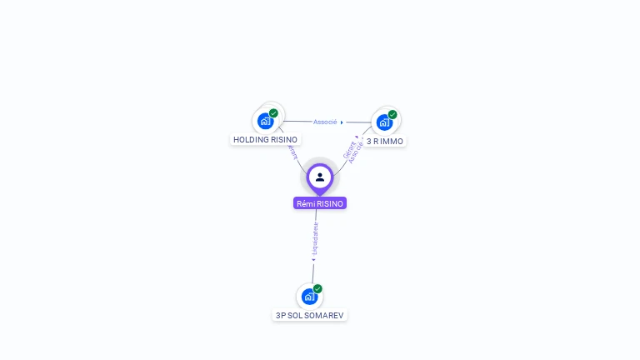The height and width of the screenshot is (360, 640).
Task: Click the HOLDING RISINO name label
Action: click(x=265, y=140)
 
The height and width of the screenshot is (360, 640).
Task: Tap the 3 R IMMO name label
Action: click(x=384, y=142)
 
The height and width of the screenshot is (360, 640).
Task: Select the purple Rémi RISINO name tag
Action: click(x=319, y=203)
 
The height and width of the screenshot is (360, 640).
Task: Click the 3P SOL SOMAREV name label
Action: click(x=309, y=316)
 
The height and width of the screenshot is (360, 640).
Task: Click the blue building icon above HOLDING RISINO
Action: click(x=265, y=121)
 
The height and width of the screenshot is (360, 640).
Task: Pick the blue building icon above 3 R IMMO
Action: click(x=383, y=122)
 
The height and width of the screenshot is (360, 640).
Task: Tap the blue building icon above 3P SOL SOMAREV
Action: click(x=309, y=296)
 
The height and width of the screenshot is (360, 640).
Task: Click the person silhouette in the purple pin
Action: click(x=320, y=177)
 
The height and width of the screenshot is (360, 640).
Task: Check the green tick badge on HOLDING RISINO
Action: click(x=273, y=113)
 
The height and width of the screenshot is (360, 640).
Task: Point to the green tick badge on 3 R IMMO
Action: click(x=392, y=115)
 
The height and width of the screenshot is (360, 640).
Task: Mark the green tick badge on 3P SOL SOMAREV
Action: click(x=317, y=289)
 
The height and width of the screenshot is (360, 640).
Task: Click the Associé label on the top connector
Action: click(x=325, y=122)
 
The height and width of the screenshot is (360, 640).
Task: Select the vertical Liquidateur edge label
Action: click(x=316, y=238)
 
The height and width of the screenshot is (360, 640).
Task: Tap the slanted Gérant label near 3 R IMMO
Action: click(x=348, y=149)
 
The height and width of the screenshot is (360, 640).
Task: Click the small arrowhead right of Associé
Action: click(x=342, y=122)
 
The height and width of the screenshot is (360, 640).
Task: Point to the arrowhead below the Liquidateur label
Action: click(x=313, y=260)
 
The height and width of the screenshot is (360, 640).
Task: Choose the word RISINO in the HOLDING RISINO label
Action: click(x=284, y=140)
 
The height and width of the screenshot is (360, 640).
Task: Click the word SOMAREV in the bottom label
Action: click(x=324, y=316)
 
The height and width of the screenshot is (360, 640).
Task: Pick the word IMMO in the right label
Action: click(x=392, y=142)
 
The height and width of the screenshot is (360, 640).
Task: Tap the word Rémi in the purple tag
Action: click(x=306, y=203)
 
